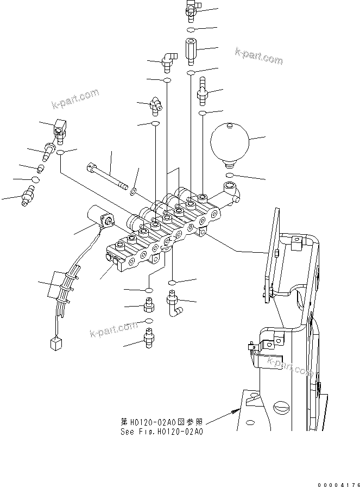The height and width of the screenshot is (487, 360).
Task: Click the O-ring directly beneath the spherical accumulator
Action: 231,175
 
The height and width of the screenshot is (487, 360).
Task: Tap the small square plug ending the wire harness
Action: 54,343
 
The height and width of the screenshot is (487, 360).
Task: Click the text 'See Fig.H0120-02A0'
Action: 162,432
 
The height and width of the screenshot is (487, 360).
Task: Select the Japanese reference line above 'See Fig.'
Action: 162,421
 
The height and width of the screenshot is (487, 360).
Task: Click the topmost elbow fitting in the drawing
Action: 192,6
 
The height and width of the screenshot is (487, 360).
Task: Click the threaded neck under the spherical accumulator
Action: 231,163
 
